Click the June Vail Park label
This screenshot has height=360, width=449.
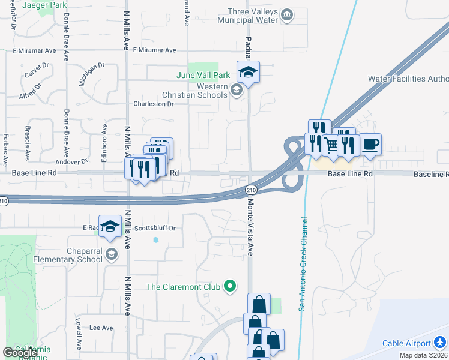tap(203, 76)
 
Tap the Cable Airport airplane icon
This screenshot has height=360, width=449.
tap(441, 343)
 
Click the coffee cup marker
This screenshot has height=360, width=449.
tap(370, 145)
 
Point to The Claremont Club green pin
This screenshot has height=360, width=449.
tap(229, 287)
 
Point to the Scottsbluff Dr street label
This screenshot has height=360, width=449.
tap(155, 228)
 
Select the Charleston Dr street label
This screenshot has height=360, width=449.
tap(153, 104)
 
